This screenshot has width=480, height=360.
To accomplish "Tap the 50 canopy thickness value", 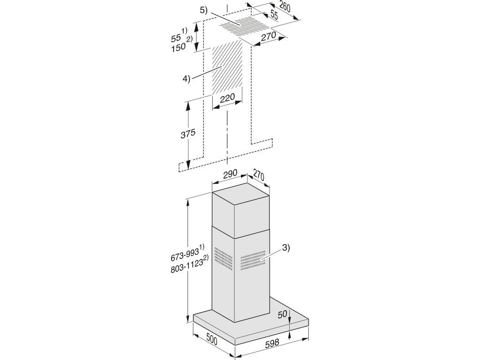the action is [283, 315].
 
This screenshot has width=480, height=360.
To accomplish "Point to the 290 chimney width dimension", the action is [230, 173].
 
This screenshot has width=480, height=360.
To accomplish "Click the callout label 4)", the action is [187, 79].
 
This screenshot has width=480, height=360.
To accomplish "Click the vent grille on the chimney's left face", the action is [223, 258].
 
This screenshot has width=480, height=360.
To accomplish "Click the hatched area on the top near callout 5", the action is [243, 25].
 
